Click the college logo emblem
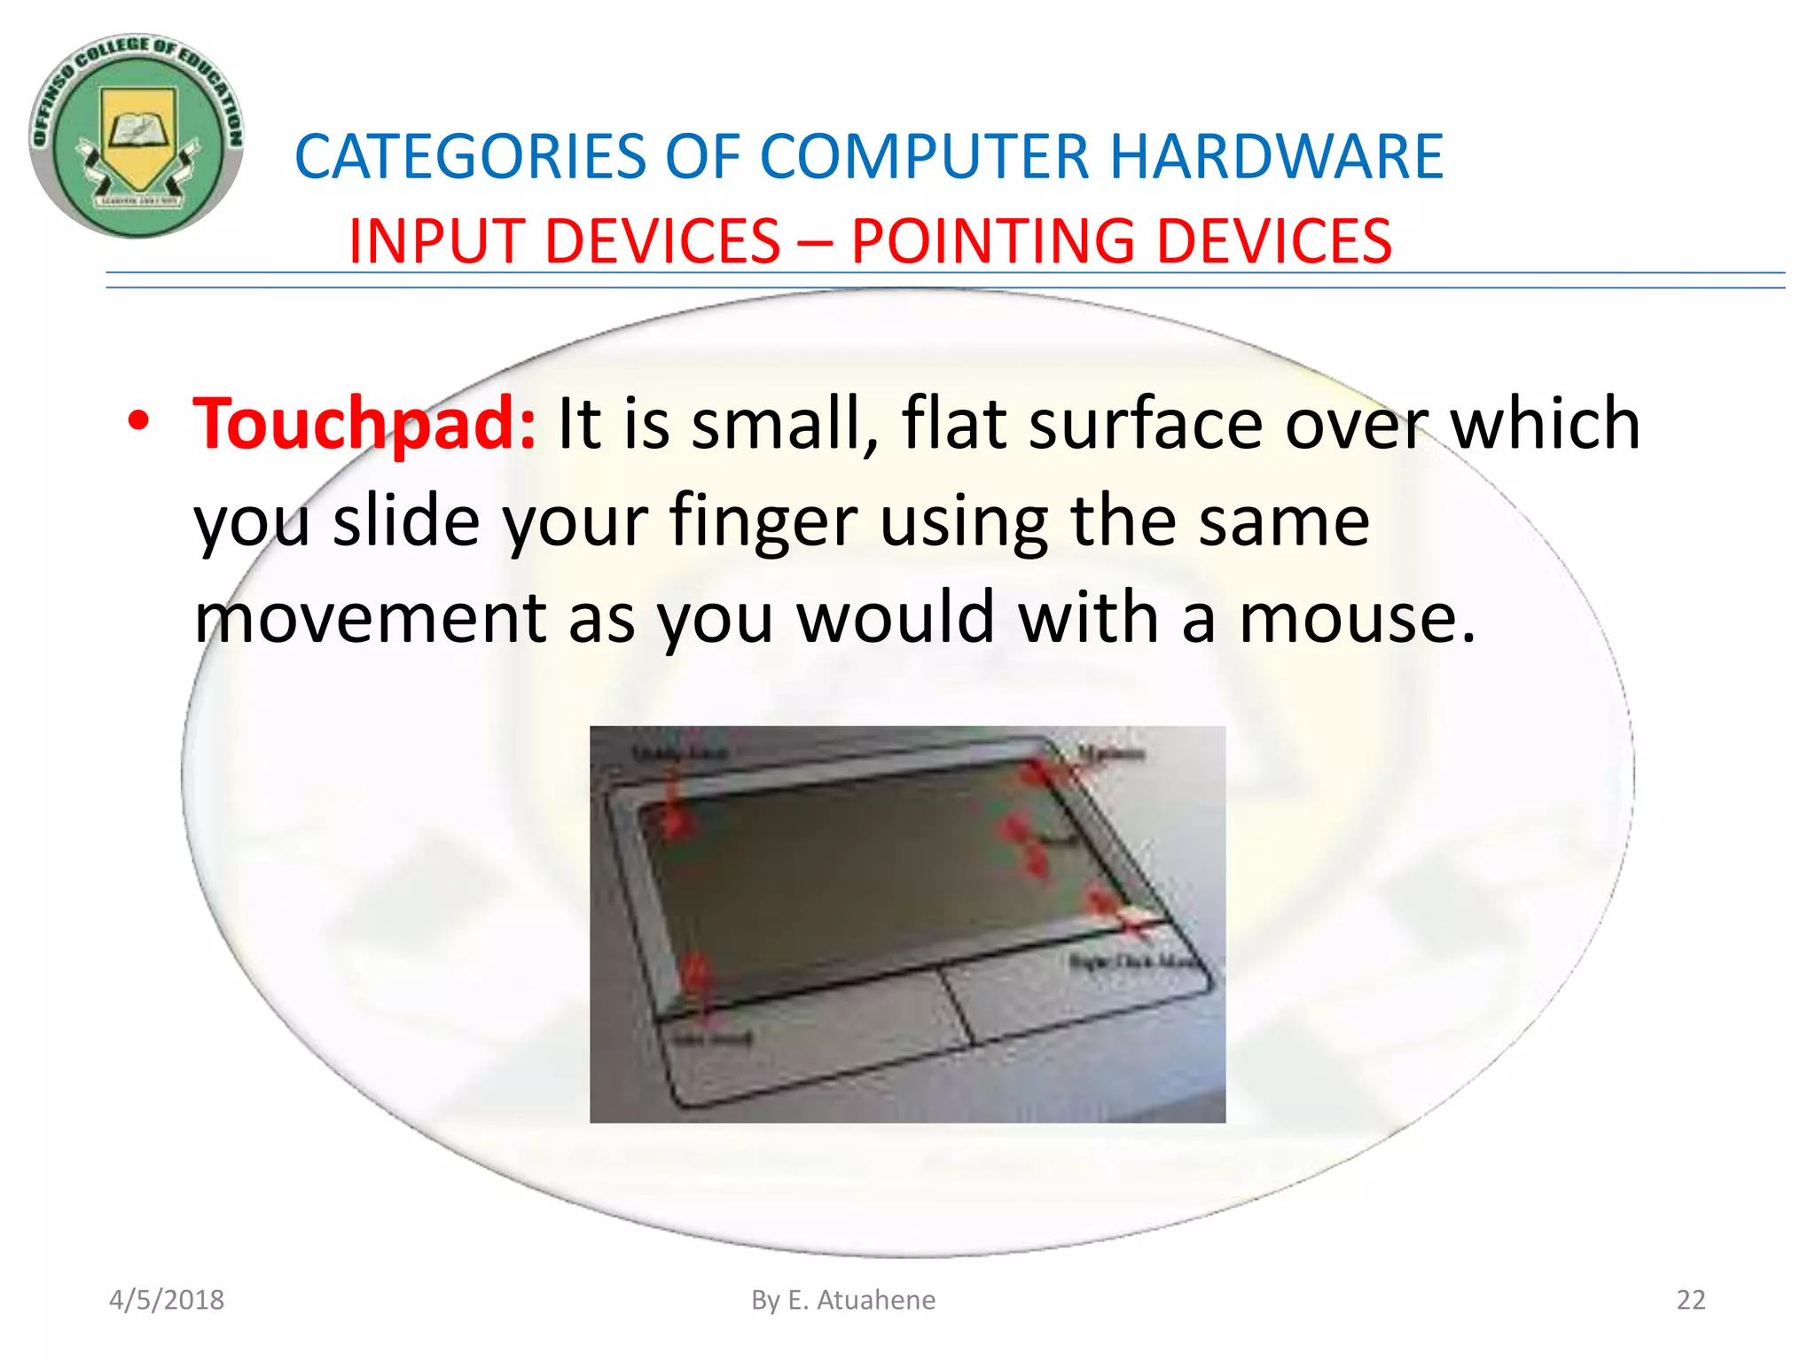pyautogui.click(x=136, y=137)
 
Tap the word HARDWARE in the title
pyautogui.click(x=1276, y=157)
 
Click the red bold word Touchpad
pyautogui.click(x=364, y=424)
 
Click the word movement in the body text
pyautogui.click(x=370, y=618)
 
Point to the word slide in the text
pyautogui.click(x=406, y=521)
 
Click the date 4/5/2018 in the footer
pyautogui.click(x=167, y=1300)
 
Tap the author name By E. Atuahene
pyautogui.click(x=843, y=1300)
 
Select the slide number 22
pyautogui.click(x=1690, y=1300)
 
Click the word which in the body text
pyautogui.click(x=1545, y=424)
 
